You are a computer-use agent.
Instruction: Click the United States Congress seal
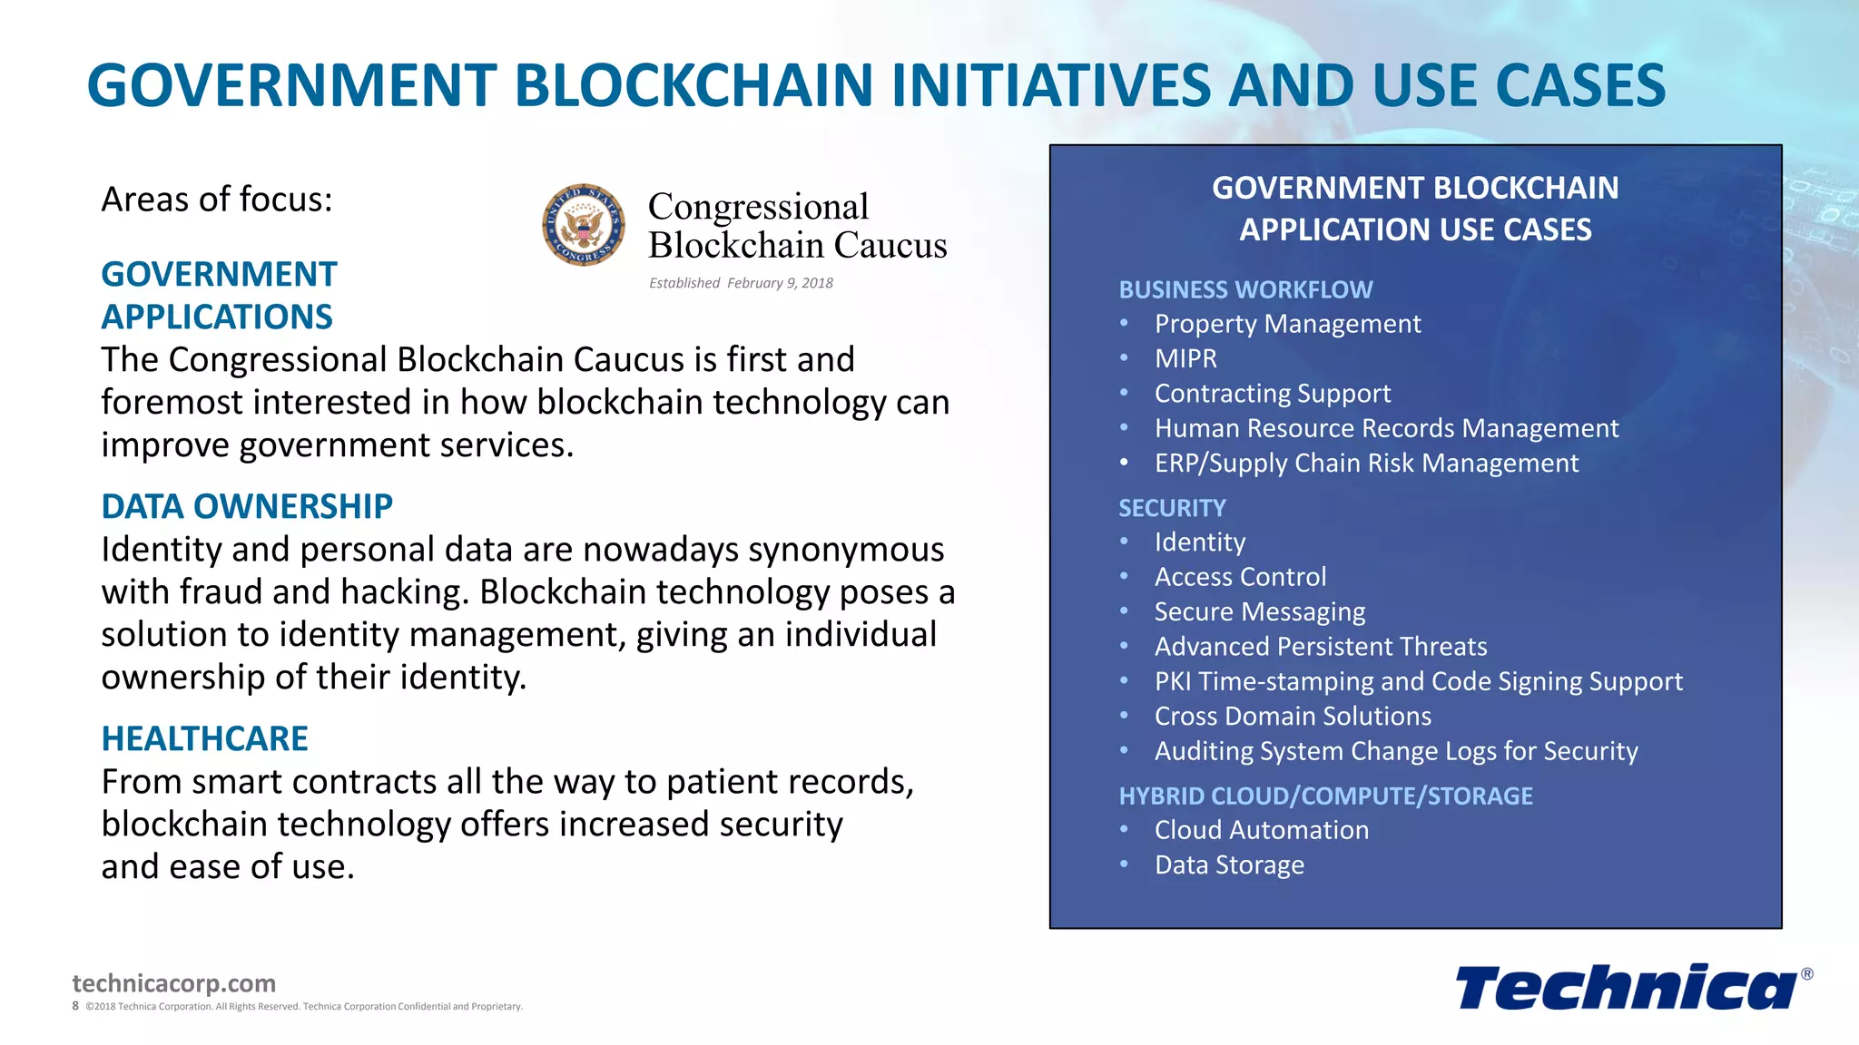coord(584,225)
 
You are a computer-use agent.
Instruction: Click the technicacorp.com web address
coord(173,983)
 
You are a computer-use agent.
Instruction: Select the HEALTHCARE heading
coord(204,738)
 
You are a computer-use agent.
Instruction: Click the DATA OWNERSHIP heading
coord(247,506)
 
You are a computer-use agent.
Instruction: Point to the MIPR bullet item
coord(1185,358)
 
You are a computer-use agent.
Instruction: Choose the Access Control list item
coord(1240,577)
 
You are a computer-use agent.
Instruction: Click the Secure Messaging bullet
coord(1259,611)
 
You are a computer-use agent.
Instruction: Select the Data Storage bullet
coord(1229,864)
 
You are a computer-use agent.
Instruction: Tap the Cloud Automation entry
coord(1261,830)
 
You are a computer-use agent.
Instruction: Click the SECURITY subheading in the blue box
coord(1172,508)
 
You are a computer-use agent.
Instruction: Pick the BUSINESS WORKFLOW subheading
coord(1245,289)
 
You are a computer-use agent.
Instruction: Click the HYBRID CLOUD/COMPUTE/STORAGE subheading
coord(1325,796)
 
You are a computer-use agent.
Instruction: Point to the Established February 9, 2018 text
coord(741,283)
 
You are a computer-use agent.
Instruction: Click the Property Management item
coord(1287,324)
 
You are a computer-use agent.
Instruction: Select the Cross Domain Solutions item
coord(1293,717)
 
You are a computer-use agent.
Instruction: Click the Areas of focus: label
coord(217,200)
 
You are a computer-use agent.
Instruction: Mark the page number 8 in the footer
coord(75,1006)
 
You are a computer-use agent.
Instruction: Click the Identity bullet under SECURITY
coord(1199,542)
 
